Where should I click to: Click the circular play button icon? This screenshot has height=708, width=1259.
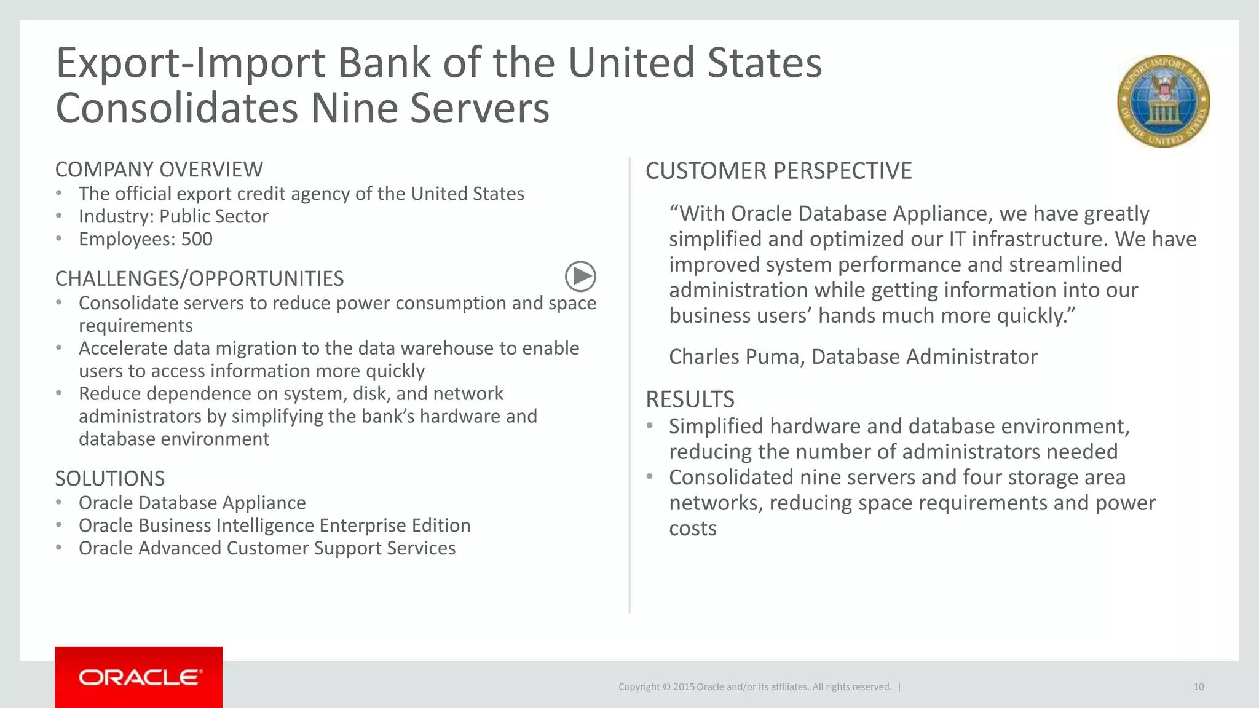[580, 277]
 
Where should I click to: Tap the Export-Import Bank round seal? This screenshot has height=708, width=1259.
[1163, 101]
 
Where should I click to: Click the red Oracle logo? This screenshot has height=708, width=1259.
[139, 677]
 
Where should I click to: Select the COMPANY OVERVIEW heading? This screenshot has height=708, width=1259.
[159, 170]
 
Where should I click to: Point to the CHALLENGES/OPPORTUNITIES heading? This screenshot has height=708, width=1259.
[199, 279]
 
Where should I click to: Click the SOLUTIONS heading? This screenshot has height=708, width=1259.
[110, 479]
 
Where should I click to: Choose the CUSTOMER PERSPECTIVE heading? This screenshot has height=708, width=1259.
[778, 171]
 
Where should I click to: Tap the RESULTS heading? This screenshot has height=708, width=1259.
[690, 399]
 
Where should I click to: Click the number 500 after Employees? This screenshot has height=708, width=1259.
[197, 239]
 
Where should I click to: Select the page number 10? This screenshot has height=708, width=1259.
[1198, 687]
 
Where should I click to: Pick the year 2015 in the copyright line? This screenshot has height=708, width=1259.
[684, 687]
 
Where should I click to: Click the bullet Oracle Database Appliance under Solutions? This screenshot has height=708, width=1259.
[192, 503]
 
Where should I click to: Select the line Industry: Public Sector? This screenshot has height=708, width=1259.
[173, 216]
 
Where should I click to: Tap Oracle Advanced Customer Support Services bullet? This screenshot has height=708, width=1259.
[267, 548]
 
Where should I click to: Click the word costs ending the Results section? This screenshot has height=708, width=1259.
[692, 529]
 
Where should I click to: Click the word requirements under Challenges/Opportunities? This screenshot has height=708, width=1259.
[135, 326]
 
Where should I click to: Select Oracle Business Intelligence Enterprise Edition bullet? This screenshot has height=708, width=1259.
[274, 525]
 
